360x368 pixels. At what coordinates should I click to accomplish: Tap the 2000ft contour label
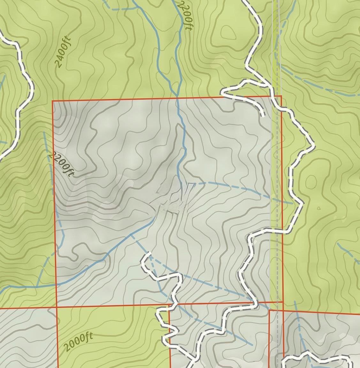(78, 342)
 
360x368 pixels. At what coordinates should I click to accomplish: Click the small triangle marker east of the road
(319, 208)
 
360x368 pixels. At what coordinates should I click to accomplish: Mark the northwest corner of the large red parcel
(52, 101)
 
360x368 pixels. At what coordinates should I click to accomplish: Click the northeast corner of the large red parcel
(281, 96)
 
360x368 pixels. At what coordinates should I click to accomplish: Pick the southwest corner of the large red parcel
(57, 307)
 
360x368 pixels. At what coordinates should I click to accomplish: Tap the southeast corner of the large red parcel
(283, 301)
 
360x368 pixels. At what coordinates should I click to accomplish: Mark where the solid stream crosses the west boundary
(56, 284)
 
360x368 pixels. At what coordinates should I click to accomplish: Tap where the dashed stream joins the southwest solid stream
(131, 234)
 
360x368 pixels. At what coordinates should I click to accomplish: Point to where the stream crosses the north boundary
(178, 98)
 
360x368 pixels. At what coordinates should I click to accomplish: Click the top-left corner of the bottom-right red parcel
(269, 310)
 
